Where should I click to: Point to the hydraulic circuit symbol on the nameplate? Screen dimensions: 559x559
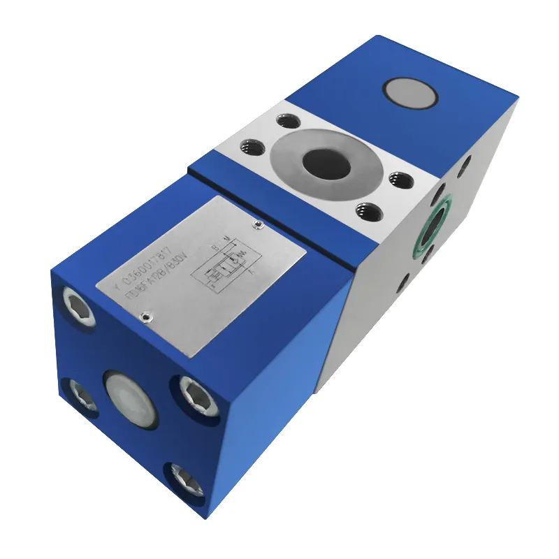[226, 268]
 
